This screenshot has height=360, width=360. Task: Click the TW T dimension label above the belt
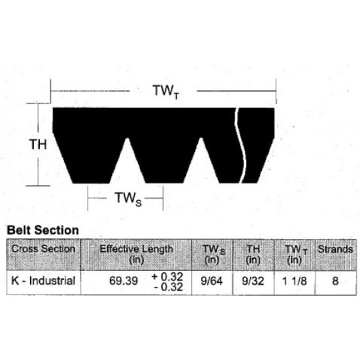pyautogui.click(x=164, y=91)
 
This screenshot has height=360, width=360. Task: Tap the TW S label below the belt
pyautogui.click(x=128, y=198)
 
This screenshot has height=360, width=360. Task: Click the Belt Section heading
pyautogui.click(x=43, y=230)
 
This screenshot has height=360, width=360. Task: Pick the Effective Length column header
pyautogui.click(x=136, y=254)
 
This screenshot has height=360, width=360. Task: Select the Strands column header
pyautogui.click(x=335, y=249)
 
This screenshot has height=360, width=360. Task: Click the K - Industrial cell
pyautogui.click(x=44, y=281)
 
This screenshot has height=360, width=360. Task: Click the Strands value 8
pyautogui.click(x=335, y=281)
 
